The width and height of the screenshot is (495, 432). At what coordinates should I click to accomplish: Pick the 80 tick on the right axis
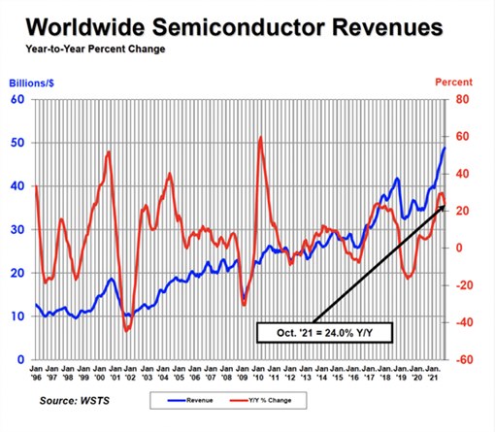[x=462, y=99]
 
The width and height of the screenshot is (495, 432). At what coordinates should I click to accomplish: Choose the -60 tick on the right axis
[x=463, y=359]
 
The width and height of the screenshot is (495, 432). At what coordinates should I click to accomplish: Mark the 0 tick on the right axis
[x=459, y=248]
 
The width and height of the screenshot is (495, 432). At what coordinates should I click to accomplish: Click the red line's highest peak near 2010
[x=260, y=137]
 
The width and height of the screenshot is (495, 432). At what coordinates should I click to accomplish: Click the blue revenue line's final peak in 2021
[x=445, y=147]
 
